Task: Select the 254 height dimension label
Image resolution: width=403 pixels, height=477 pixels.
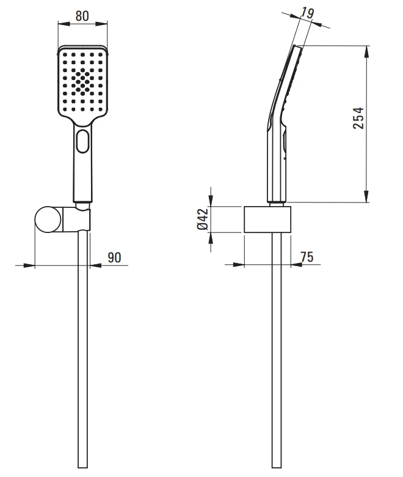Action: [359, 117]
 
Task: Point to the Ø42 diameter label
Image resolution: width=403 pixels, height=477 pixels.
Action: [204, 219]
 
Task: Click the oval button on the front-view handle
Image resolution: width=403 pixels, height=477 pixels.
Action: [82, 142]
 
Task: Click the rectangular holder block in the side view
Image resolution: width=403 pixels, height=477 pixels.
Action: [267, 220]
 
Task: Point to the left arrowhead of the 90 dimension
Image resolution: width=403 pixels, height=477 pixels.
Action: [29, 265]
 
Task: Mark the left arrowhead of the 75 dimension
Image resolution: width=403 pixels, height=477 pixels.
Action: [239, 265]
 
